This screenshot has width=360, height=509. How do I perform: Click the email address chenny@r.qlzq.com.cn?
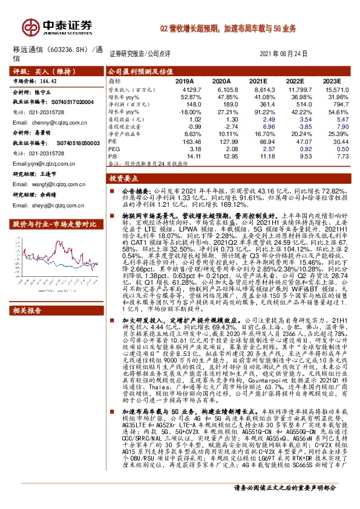(x=58, y=122)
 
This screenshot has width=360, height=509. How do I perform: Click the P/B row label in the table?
(x=114, y=155)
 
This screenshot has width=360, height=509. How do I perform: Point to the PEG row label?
(x=114, y=148)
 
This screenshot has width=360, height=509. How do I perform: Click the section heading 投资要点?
(x=124, y=180)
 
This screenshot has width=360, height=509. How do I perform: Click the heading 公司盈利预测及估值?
(x=139, y=71)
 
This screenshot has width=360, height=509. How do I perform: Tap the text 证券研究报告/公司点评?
(x=142, y=54)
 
